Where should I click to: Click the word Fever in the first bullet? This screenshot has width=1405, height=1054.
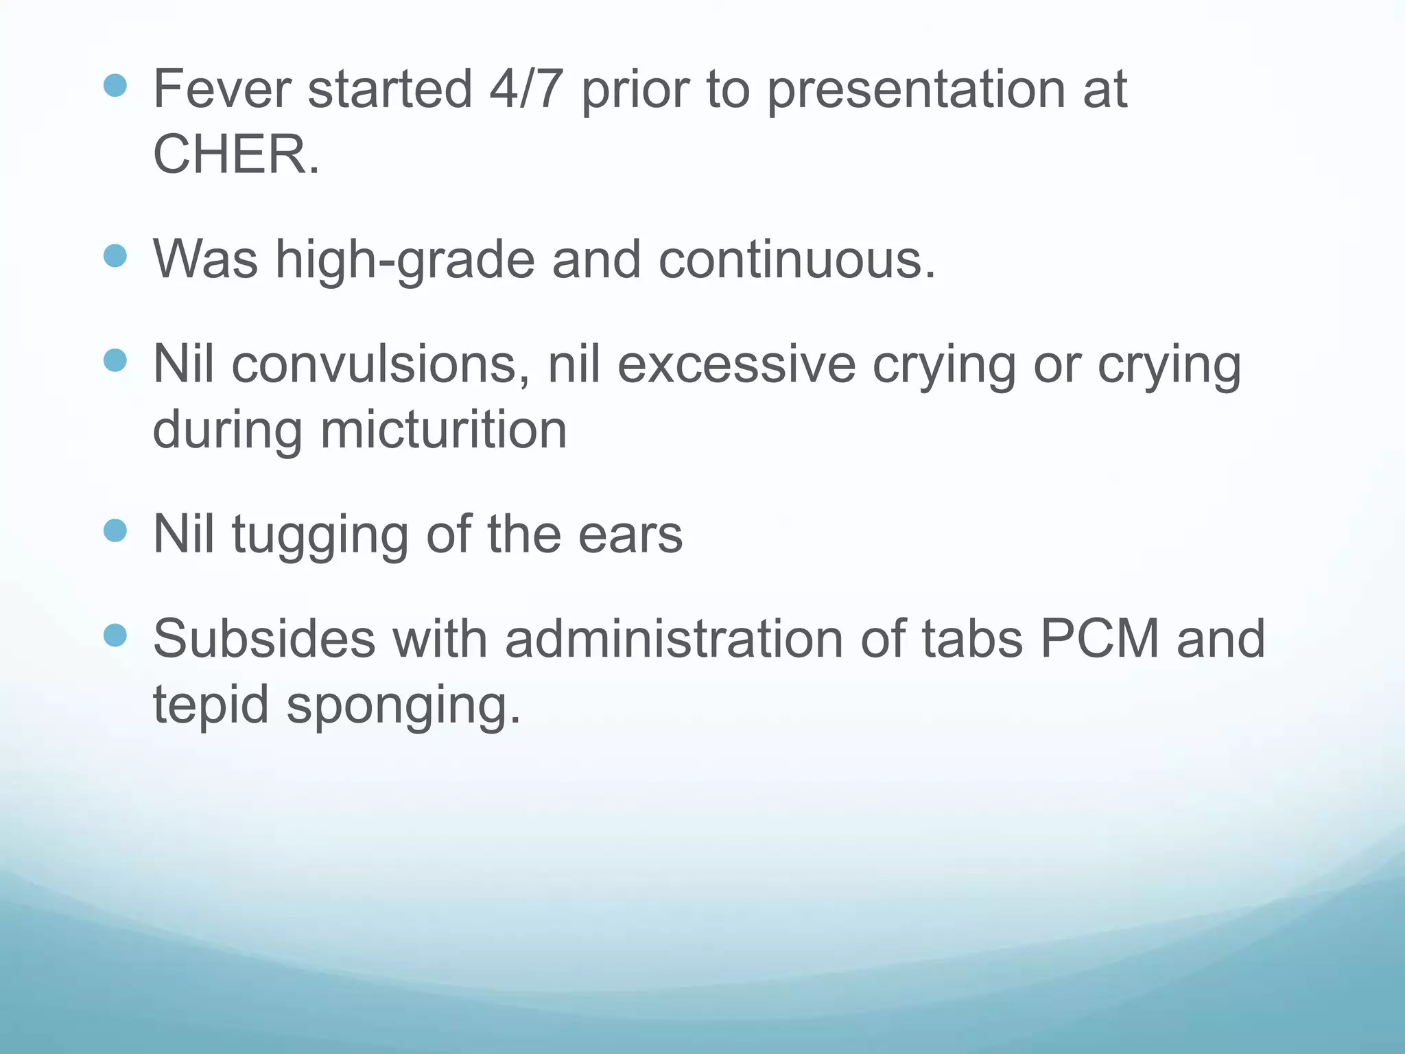(222, 89)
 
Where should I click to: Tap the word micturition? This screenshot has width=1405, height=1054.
(443, 430)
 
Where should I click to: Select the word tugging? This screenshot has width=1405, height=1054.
(320, 535)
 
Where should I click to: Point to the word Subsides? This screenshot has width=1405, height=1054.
(264, 638)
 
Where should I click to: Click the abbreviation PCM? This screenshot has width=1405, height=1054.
(1099, 638)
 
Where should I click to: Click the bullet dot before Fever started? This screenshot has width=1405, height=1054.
(115, 85)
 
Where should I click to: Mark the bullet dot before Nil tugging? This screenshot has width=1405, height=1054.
(115, 530)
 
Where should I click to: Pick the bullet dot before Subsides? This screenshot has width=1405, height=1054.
(115, 635)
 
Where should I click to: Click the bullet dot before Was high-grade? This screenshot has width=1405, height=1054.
(115, 256)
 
